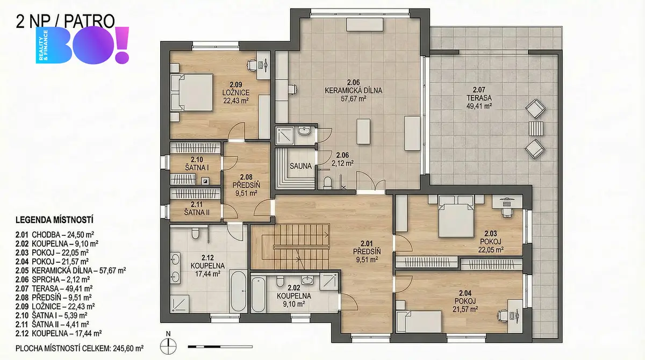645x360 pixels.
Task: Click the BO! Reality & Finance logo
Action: (82, 45)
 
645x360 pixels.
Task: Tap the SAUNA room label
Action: (300, 166)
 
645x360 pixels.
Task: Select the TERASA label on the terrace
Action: (479, 98)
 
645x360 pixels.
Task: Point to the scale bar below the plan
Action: (220, 347)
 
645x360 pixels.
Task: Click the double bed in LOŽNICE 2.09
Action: (192, 92)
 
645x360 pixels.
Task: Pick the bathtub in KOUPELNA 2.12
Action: (238, 291)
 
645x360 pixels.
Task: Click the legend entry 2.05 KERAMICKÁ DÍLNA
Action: (70, 270)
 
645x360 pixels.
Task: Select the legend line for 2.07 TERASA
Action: (54, 289)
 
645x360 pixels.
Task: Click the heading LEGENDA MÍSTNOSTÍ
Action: (54, 220)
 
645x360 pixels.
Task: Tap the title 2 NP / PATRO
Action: (66, 21)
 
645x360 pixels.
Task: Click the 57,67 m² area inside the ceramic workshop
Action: (353, 99)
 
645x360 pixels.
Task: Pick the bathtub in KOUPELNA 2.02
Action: (259, 294)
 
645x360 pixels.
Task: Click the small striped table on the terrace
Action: (536, 128)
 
